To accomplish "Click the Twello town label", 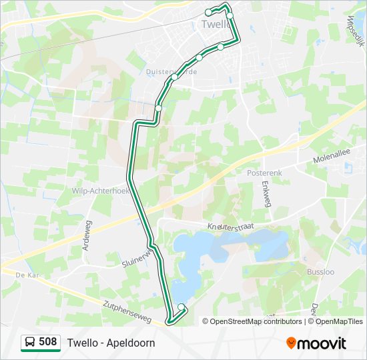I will [214, 24].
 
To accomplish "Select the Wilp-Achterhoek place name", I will [99, 191].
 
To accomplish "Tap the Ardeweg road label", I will [86, 237].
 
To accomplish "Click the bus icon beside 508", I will [30, 343].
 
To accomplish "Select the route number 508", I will [47, 342].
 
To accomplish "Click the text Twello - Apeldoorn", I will [111, 343].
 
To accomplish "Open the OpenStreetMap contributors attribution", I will [256, 321].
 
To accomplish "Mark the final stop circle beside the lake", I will [181, 307].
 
